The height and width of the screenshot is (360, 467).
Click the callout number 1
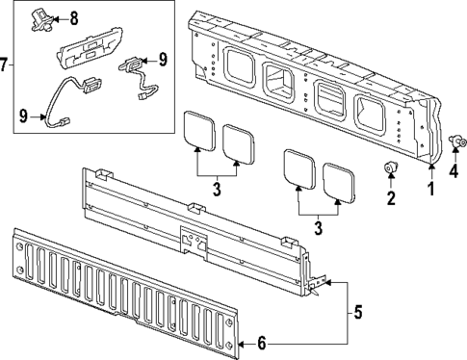point(430,190)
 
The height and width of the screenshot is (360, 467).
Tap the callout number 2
point(391,199)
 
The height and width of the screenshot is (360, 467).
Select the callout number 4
point(455,173)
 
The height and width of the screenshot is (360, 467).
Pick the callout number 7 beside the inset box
point(6,65)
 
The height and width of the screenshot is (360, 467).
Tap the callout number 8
point(75,17)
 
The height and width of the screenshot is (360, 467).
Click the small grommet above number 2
point(391,170)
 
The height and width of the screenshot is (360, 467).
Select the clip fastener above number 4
point(455,144)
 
